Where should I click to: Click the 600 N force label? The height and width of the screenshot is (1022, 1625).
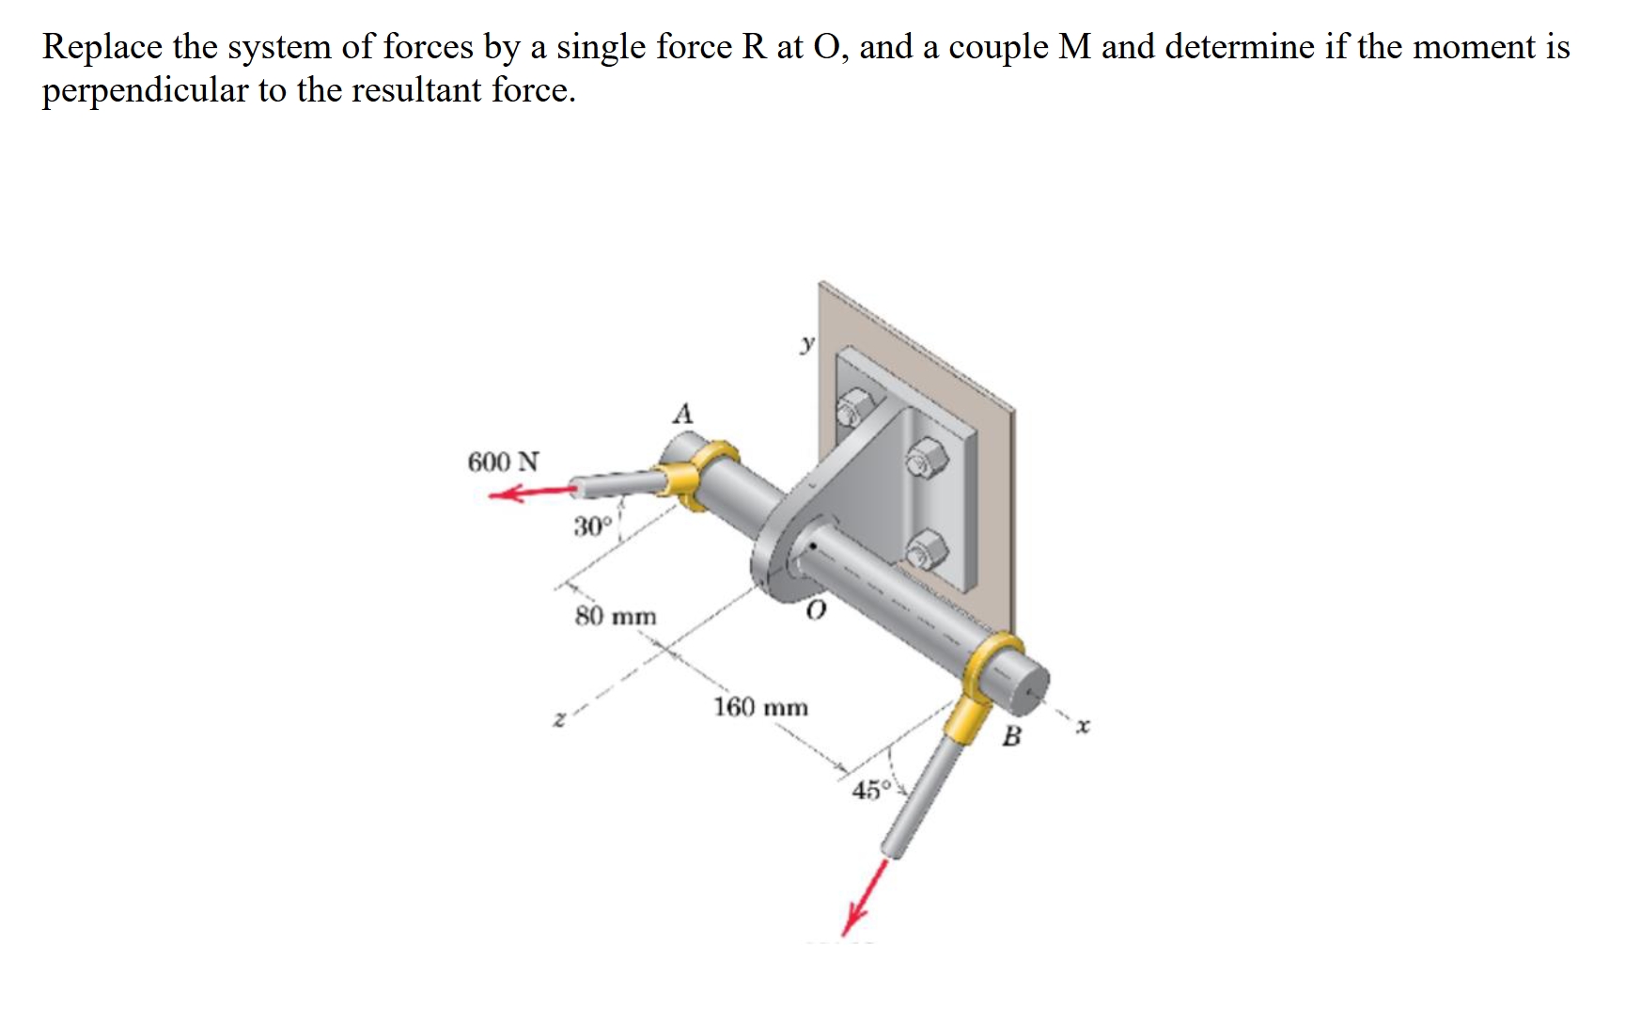(503, 462)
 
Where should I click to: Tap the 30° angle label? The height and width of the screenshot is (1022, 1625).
(593, 527)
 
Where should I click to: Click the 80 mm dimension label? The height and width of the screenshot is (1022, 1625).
(616, 617)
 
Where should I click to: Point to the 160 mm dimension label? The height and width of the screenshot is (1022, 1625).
(760, 707)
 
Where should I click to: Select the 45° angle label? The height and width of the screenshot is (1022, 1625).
(870, 790)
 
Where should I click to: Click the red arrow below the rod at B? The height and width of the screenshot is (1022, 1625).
(866, 898)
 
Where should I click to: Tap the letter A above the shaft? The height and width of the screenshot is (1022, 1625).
(683, 413)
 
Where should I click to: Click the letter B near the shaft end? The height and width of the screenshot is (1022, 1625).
(1011, 736)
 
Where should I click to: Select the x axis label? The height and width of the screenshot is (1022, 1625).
(1084, 726)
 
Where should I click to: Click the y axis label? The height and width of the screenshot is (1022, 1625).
(806, 344)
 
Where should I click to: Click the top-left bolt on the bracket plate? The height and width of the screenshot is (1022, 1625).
(854, 410)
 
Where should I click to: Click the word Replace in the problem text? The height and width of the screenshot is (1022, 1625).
(101, 47)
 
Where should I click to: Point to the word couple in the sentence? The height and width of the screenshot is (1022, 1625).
(998, 47)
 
